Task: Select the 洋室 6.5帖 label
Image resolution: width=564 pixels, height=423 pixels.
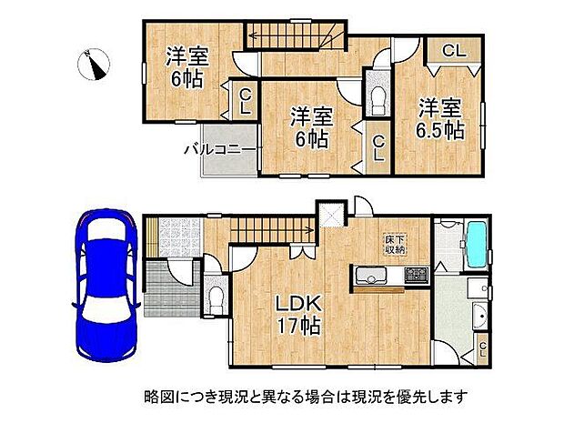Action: click(x=440, y=119)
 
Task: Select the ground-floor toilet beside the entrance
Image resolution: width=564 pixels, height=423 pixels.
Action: click(x=214, y=297)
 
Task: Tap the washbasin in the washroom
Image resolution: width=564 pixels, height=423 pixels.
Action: click(x=479, y=317)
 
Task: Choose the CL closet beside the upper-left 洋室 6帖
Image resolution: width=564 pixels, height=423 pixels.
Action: click(x=245, y=100)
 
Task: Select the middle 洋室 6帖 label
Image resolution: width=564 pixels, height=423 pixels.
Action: click(x=310, y=127)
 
